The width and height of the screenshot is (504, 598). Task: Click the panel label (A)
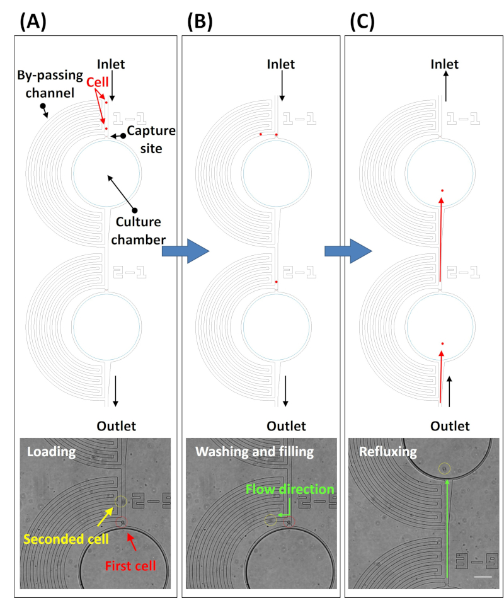[33, 21]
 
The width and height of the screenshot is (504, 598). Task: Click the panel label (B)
[200, 21]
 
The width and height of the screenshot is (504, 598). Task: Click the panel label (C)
[362, 21]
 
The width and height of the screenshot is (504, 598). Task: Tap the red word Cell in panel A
[97, 82]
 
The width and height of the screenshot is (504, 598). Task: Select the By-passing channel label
[50, 84]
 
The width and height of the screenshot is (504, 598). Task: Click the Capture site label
[151, 139]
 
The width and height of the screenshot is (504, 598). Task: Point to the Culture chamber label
[139, 231]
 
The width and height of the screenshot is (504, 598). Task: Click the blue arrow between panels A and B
[186, 251]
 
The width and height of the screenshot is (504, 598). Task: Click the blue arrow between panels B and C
[348, 251]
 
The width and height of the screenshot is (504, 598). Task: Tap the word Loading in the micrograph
[52, 452]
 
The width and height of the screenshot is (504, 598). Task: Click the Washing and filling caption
[255, 452]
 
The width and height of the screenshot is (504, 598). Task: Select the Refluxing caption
[388, 452]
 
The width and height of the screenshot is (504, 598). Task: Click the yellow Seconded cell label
[66, 539]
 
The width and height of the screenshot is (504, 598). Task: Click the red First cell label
[130, 566]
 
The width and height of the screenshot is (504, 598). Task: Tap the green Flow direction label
[290, 490]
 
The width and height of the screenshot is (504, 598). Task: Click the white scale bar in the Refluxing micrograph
[483, 577]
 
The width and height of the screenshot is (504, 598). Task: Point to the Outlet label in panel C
[450, 426]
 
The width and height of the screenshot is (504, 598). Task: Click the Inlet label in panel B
[280, 64]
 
